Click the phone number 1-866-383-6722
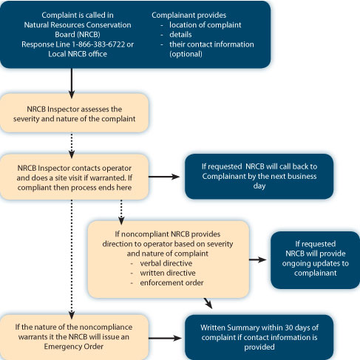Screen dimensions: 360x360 (x=98, y=44)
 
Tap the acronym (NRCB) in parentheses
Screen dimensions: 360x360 (x=89, y=35)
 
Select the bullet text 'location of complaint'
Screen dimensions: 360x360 (x=206, y=25)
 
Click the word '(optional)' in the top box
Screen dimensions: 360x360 (x=186, y=54)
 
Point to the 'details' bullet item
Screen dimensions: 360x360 (x=180, y=35)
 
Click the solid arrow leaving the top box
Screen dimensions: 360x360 (x=72, y=84)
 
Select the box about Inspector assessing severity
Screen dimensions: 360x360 (x=74, y=113)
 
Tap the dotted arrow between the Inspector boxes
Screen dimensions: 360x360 (x=72, y=146)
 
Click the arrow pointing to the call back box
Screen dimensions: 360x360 (x=164, y=177)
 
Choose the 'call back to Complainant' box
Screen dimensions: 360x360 (x=259, y=177)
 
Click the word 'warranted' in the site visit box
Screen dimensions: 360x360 (x=108, y=178)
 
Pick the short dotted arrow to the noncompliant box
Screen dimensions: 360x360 (x=121, y=212)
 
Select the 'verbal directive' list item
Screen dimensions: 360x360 (x=166, y=263)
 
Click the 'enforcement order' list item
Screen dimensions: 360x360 (x=171, y=282)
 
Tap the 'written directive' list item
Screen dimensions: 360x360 (x=168, y=273)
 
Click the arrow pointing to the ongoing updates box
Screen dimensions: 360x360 (x=258, y=259)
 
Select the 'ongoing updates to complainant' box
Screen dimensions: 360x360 (x=315, y=260)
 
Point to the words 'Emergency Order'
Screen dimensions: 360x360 (x=74, y=347)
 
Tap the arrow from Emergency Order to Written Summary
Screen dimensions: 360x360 (x=165, y=338)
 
